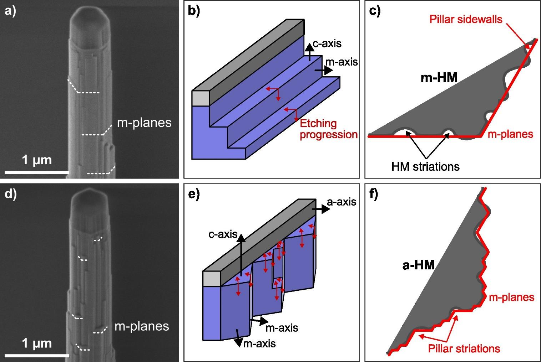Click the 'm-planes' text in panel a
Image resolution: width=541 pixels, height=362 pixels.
point(144,123)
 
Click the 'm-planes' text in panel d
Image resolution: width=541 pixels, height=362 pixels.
point(142,326)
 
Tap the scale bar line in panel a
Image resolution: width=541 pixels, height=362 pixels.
point(36,173)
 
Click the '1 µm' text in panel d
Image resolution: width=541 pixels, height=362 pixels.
point(37,343)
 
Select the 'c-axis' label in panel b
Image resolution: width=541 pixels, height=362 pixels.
point(327,43)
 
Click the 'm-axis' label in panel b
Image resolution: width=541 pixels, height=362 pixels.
point(341,62)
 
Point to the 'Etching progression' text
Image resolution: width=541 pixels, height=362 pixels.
point(328,129)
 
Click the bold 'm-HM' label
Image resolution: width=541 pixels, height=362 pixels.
point(439,77)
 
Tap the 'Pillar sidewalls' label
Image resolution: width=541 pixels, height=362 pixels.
point(466,19)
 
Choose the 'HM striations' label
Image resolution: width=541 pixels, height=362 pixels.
point(425,166)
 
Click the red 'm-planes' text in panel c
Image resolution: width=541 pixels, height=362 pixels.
point(510,134)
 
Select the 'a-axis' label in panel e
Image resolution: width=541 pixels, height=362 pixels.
point(342,202)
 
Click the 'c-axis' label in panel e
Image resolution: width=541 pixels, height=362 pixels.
point(223,234)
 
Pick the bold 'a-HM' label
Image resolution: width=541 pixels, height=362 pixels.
point(419,265)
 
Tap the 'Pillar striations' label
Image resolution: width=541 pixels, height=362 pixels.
point(464,348)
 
